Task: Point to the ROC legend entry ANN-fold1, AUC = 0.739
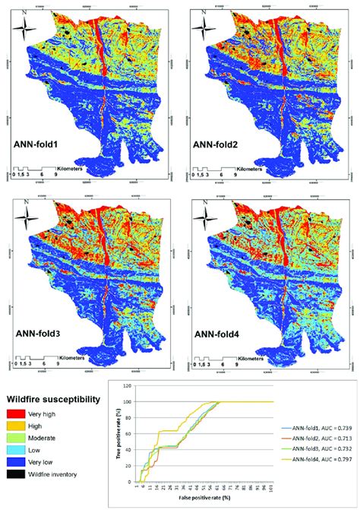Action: coord(314,429)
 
